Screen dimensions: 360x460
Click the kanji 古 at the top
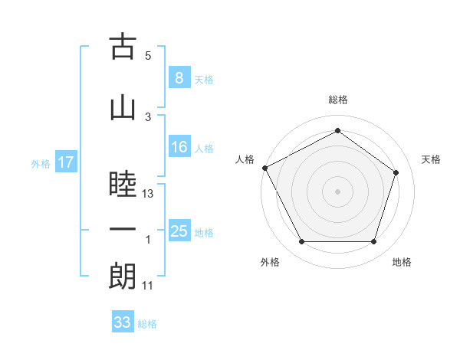point(123,48)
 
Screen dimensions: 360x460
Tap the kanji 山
point(123,106)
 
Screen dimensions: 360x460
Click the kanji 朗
point(123,276)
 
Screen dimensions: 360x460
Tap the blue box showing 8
point(179,78)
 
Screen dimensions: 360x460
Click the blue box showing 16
point(179,148)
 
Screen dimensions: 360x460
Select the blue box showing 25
point(179,231)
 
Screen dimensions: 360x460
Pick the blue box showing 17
point(66,162)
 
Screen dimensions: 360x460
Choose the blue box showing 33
point(122,322)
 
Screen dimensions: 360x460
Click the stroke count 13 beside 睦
point(149,194)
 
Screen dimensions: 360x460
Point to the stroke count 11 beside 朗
point(149,286)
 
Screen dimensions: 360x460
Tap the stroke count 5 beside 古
point(148,56)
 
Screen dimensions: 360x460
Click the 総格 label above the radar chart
point(337,100)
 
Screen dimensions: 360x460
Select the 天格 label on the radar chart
point(432,159)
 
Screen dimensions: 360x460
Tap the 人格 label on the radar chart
point(245,159)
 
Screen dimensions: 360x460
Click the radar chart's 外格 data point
point(302,242)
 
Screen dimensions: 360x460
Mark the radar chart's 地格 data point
point(373,242)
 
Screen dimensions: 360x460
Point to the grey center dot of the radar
point(337,191)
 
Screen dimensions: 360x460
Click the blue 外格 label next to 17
point(40,163)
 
